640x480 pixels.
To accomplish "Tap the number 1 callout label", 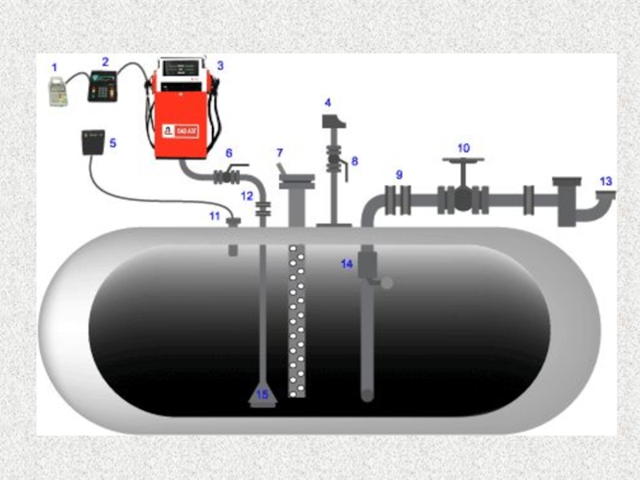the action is pyautogui.click(x=54, y=67).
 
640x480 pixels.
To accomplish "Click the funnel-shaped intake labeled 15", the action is pyautogui.click(x=262, y=395).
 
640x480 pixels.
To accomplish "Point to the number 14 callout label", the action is pyautogui.click(x=346, y=264).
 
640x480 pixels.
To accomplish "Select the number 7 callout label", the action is pyautogui.click(x=280, y=152).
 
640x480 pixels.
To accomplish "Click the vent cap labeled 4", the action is pyautogui.click(x=333, y=122).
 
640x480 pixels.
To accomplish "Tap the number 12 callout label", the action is pyautogui.click(x=246, y=196).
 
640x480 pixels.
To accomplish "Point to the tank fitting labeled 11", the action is pyautogui.click(x=234, y=222).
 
